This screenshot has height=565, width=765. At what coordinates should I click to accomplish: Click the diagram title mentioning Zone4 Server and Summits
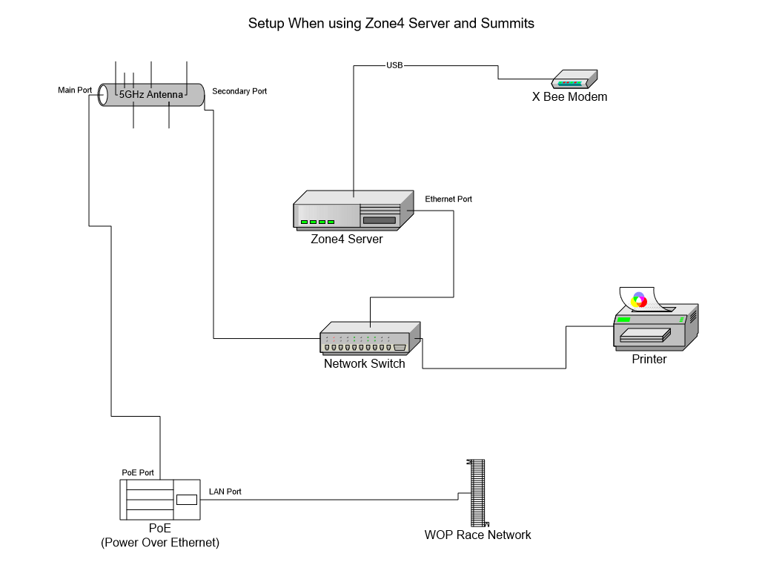391,23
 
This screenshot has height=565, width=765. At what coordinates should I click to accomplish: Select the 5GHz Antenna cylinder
151,95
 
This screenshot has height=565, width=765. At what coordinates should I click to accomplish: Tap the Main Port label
75,90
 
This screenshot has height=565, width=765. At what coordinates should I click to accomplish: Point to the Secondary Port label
239,91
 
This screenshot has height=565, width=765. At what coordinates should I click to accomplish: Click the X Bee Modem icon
574,80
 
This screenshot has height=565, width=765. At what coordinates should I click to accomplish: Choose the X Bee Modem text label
569,97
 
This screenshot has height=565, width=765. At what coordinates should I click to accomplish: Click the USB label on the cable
394,65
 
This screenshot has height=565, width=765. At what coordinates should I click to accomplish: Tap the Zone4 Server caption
347,239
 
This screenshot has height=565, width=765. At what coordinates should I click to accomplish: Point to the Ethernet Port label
448,199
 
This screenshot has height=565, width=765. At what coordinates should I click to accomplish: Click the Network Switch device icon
369,338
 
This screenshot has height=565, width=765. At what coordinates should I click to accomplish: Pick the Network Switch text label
365,363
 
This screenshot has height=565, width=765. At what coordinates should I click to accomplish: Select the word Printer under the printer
649,360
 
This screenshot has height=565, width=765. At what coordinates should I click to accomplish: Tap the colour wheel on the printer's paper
638,300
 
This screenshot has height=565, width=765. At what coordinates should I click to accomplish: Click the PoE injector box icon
160,498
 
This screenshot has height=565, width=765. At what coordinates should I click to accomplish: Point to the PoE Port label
138,472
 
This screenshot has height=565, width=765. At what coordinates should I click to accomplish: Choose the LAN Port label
225,492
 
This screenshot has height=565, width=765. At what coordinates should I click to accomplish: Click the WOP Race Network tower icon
477,492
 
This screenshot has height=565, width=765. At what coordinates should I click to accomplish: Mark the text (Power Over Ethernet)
160,543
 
